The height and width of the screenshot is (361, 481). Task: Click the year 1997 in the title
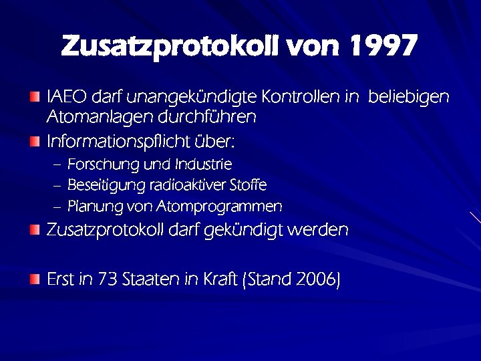pos(383,46)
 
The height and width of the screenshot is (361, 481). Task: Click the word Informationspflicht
pos(118,142)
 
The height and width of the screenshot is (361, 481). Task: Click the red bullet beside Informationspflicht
pos(35,142)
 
